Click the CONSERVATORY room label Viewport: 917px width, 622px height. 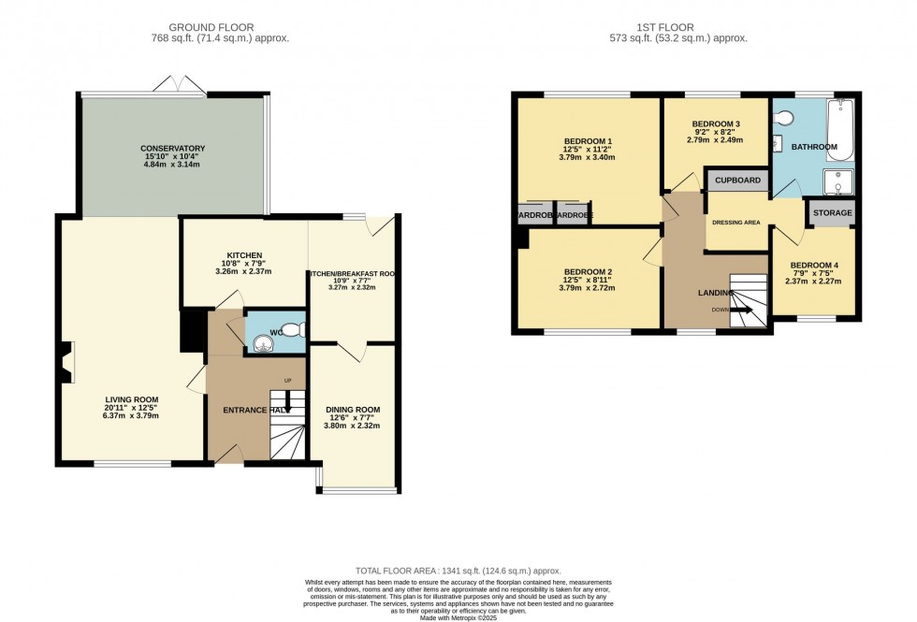(172, 149)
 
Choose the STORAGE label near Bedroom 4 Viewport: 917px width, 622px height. (832, 213)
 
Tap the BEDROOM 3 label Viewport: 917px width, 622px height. (716, 124)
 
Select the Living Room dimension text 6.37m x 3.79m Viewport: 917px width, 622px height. (131, 416)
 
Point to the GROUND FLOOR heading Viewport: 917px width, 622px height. (220, 27)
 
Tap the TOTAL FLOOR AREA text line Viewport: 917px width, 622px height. (458, 570)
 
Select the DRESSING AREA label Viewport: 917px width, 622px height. (735, 223)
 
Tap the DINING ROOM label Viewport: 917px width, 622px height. (353, 410)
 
